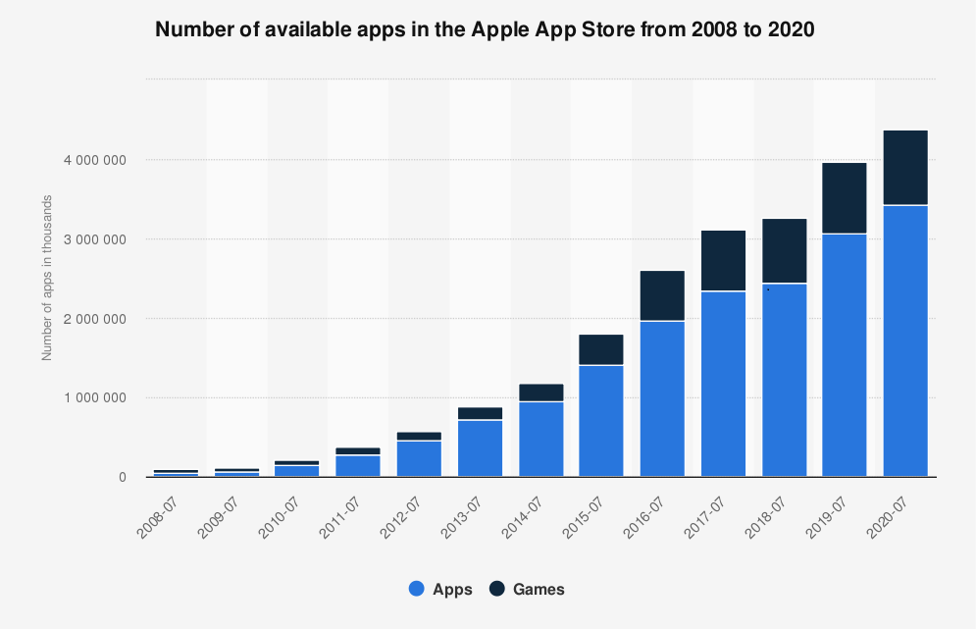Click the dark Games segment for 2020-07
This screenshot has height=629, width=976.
pyautogui.click(x=905, y=168)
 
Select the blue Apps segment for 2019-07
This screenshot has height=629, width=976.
pyautogui.click(x=845, y=355)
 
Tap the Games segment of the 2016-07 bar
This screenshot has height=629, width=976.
pyautogui.click(x=662, y=295)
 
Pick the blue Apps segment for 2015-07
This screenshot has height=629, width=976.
pyautogui.click(x=601, y=421)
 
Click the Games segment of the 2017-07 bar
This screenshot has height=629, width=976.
pyautogui.click(x=723, y=261)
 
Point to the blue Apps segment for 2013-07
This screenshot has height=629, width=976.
pyautogui.click(x=480, y=448)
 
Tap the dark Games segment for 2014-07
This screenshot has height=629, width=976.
pyautogui.click(x=540, y=393)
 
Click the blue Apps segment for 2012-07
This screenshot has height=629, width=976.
pyautogui.click(x=419, y=459)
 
